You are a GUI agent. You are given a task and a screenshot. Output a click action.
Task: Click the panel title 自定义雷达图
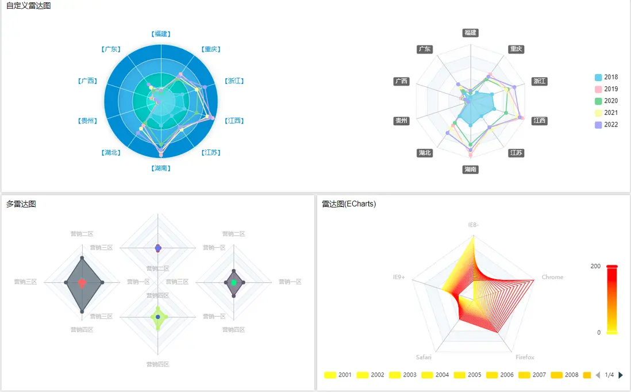pyautogui.click(x=28, y=6)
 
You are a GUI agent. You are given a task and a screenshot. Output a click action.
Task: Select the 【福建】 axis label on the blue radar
pyautogui.click(x=161, y=34)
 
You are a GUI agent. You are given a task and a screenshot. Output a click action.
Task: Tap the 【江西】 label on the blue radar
pyautogui.click(x=234, y=121)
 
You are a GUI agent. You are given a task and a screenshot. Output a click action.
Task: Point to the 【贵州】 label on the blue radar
pyautogui.click(x=87, y=121)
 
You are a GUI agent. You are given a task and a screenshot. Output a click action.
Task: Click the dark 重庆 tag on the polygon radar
pyautogui.click(x=516, y=49)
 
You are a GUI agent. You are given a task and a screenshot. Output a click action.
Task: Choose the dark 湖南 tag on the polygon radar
pyautogui.click(x=470, y=170)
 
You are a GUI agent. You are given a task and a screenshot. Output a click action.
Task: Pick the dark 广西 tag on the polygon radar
pyautogui.click(x=401, y=81)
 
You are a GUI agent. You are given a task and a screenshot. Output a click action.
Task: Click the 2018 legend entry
pyautogui.click(x=606, y=77)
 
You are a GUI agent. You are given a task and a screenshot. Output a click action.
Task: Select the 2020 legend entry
pyautogui.click(x=606, y=101)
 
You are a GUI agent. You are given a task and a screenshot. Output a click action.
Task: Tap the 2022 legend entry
pyautogui.click(x=606, y=125)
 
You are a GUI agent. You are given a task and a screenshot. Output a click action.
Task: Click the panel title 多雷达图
pyautogui.click(x=21, y=204)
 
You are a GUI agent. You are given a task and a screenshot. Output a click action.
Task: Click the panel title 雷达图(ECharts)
pyautogui.click(x=349, y=204)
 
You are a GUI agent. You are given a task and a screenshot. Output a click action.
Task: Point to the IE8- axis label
pyautogui.click(x=472, y=224)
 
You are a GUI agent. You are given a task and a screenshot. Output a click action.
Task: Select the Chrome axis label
pyautogui.click(x=552, y=277)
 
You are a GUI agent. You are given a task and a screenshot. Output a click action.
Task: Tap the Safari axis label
pyautogui.click(x=424, y=358)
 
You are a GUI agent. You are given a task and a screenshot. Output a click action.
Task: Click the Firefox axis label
pyautogui.click(x=525, y=358)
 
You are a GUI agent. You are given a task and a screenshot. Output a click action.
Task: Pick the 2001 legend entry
pyautogui.click(x=338, y=375)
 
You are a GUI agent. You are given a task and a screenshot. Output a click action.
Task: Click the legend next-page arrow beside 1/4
pyautogui.click(x=621, y=375)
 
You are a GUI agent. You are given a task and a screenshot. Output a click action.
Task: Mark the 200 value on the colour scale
pyautogui.click(x=595, y=266)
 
